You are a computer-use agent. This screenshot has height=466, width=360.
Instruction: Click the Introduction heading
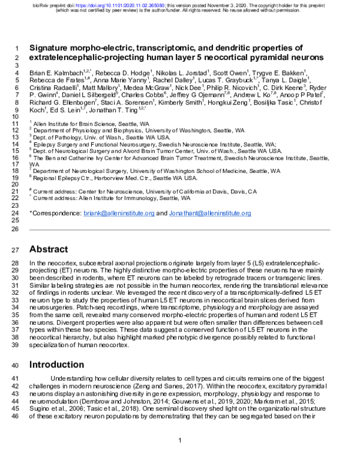click(x=61, y=364)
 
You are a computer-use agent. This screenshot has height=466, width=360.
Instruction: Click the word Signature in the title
click(x=55, y=48)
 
